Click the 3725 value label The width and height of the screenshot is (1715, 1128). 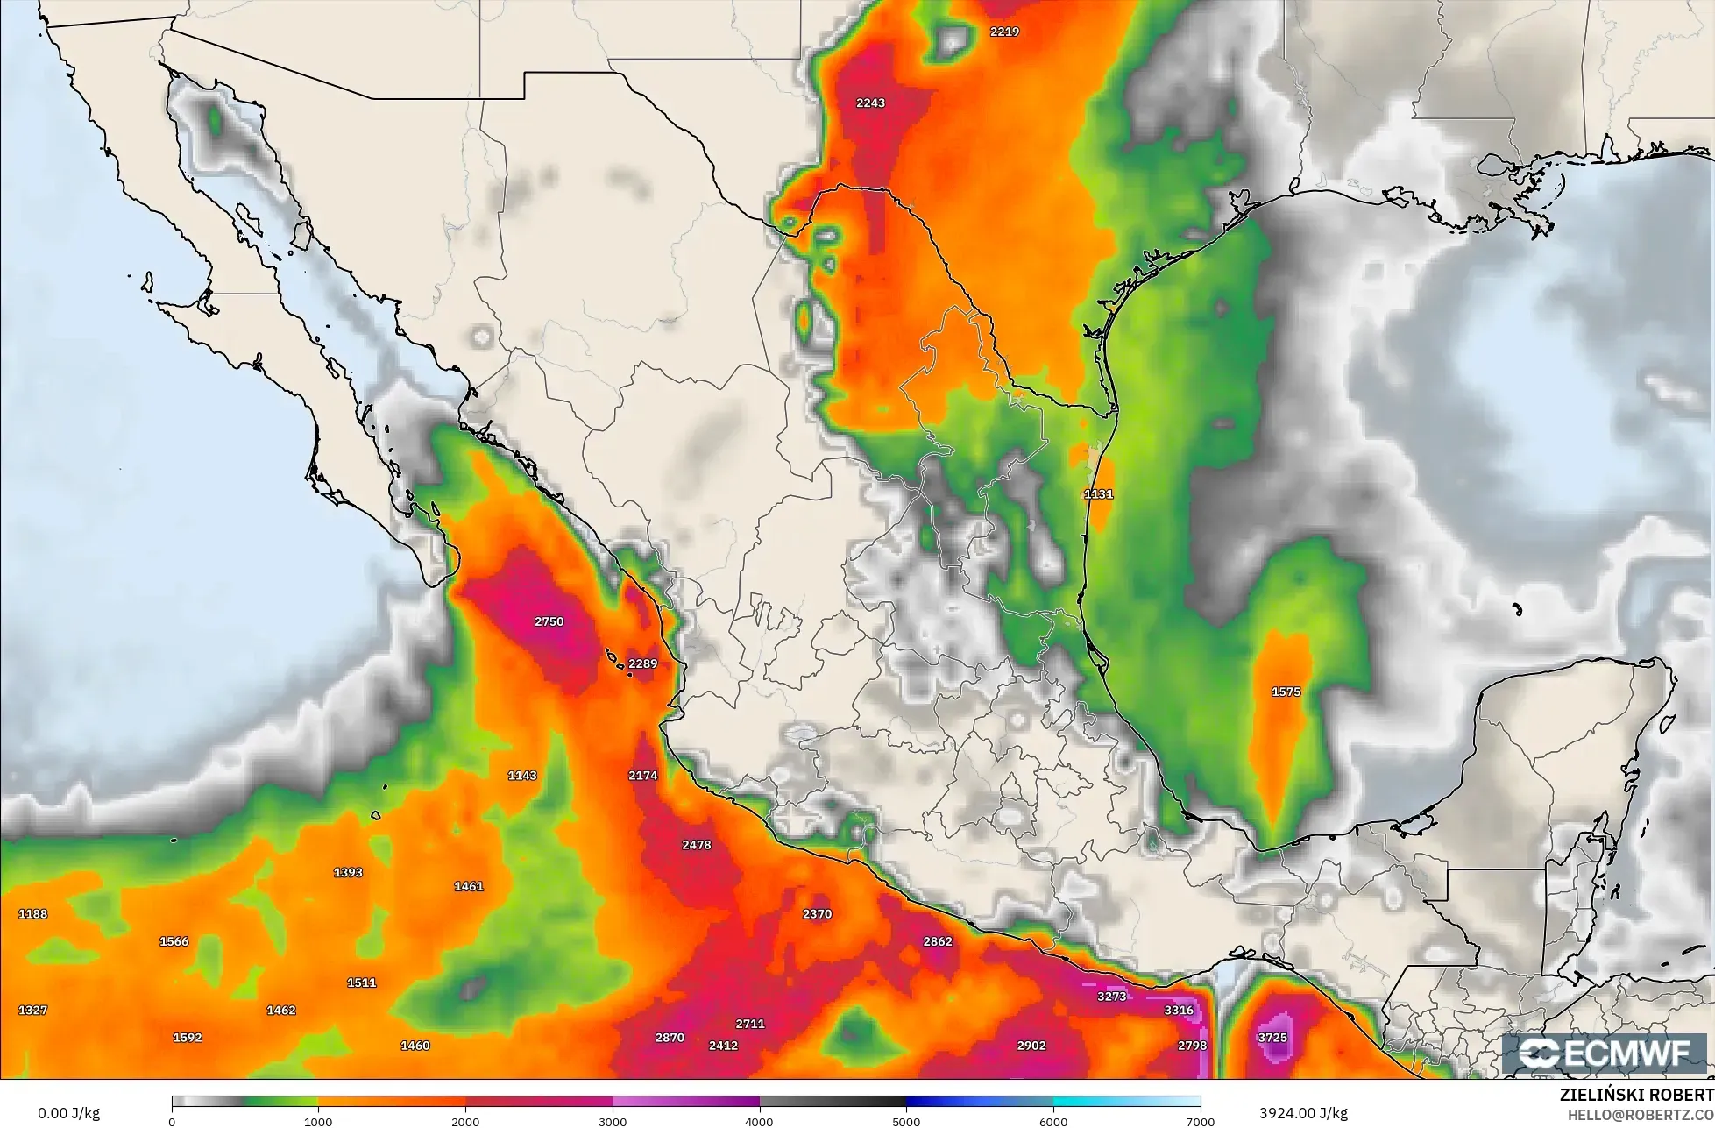[x=1272, y=1038]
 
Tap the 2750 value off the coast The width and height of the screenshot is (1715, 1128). [x=549, y=621]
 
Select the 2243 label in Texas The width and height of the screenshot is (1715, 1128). [x=870, y=103]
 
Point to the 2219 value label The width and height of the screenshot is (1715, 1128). [x=1004, y=32]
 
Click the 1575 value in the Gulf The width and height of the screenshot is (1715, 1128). [x=1286, y=692]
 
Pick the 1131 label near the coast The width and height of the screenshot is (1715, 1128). [x=1098, y=494]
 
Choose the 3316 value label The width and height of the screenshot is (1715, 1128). [x=1179, y=1010]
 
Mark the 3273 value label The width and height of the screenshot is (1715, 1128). [x=1111, y=997]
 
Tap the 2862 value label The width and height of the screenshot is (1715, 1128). [x=938, y=941]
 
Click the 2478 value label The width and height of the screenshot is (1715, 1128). [x=696, y=845]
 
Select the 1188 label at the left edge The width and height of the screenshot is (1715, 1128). [x=33, y=914]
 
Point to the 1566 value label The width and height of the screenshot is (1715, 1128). [x=174, y=941]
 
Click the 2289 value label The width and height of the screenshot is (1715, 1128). [x=642, y=663]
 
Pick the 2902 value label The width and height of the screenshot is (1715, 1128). [x=1031, y=1046]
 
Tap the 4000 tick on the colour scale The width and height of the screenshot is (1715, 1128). [x=760, y=1121]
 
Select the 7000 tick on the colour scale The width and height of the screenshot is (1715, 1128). [x=1200, y=1121]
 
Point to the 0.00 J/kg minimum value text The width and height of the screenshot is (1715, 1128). [x=70, y=1113]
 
